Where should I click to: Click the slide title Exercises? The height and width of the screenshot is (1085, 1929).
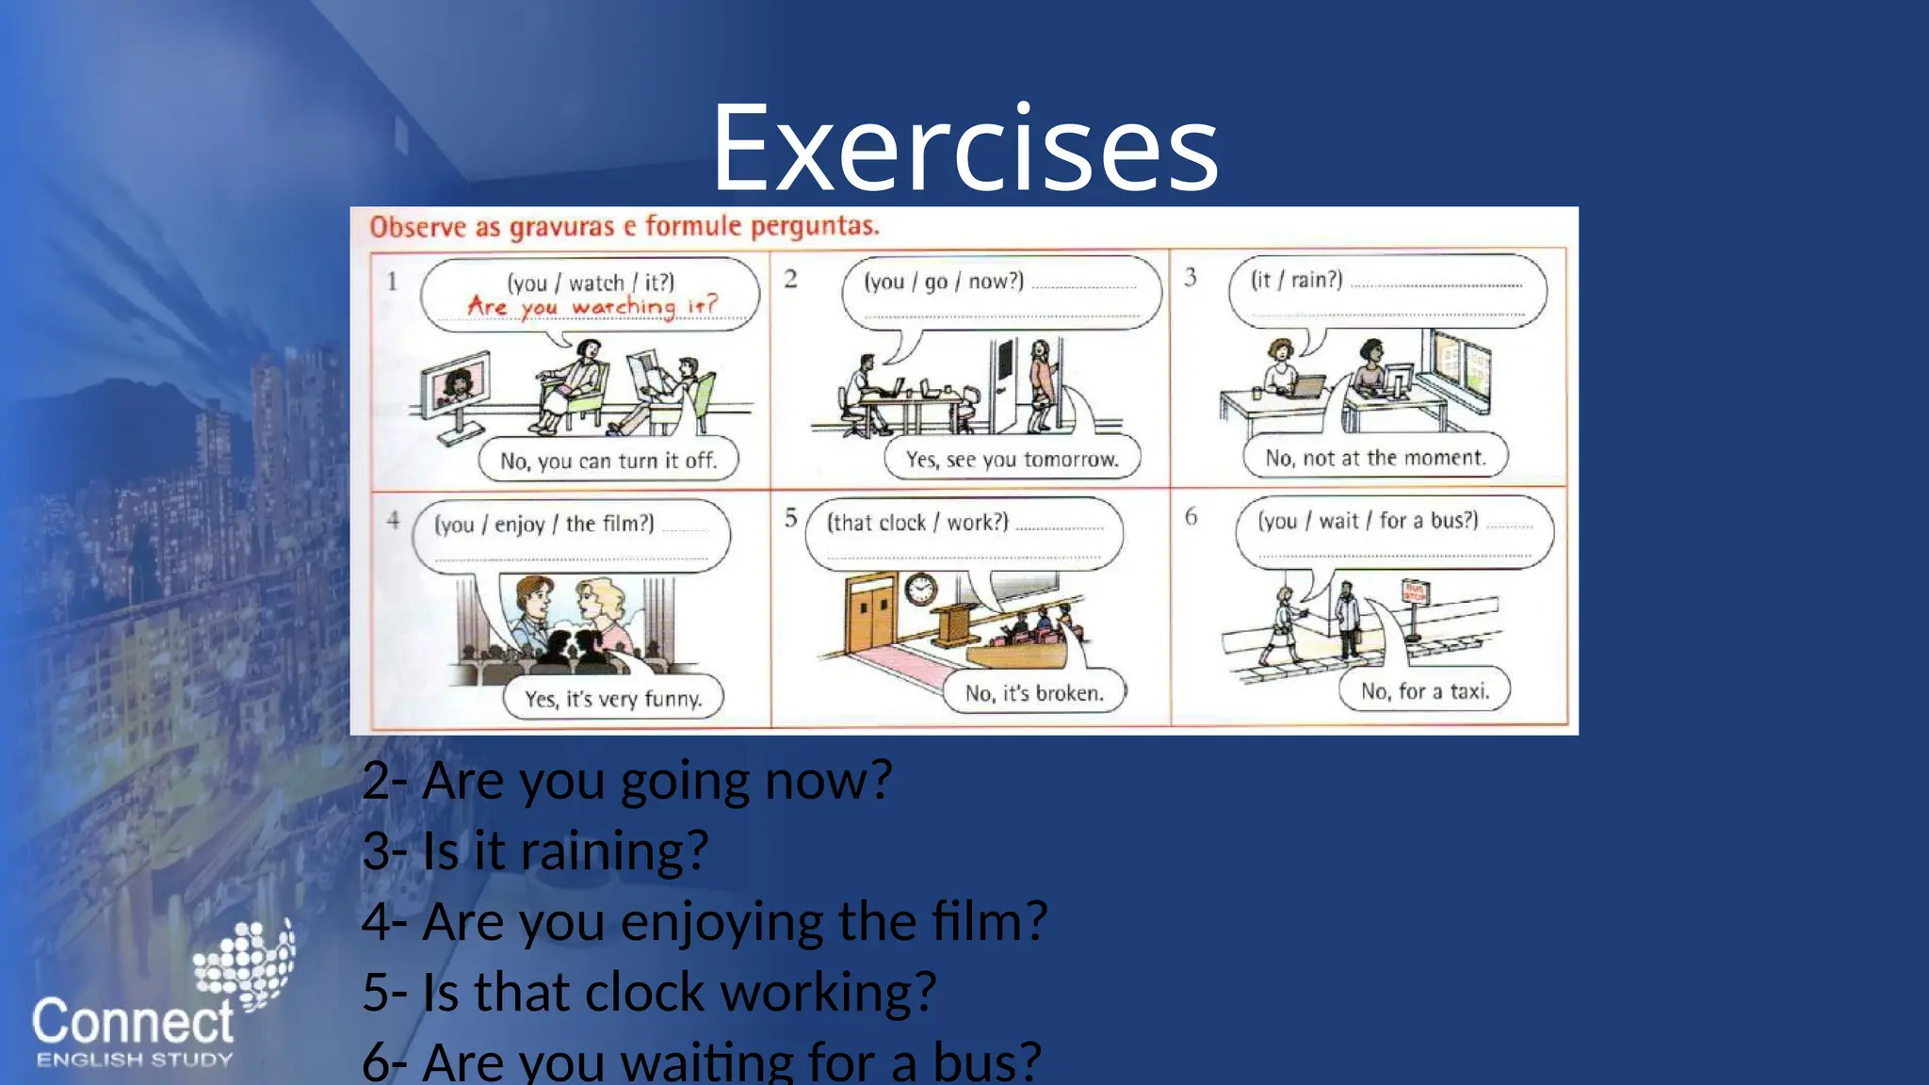click(964, 149)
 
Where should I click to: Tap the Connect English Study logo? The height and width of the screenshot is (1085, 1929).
click(151, 1008)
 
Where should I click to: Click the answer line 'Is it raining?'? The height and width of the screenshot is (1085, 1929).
click(535, 851)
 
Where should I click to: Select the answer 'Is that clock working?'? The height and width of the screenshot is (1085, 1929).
click(650, 993)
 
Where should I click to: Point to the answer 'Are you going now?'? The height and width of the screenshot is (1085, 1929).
click(627, 782)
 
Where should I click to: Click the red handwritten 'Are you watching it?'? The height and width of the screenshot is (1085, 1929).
click(592, 307)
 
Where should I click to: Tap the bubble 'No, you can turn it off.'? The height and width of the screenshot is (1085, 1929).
click(608, 461)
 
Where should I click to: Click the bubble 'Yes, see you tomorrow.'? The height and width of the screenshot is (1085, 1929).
click(1013, 460)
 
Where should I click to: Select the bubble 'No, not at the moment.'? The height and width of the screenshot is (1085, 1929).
click(1375, 458)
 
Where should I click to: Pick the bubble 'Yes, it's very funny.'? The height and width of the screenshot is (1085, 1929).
click(613, 699)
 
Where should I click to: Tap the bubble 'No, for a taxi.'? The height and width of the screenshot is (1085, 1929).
click(1424, 691)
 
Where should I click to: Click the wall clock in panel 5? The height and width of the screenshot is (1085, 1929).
click(920, 590)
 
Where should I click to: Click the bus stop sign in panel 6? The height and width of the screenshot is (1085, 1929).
click(1416, 593)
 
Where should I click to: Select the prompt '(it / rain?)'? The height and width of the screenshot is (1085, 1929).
click(1296, 280)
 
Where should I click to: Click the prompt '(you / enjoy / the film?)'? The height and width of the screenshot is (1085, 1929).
click(543, 524)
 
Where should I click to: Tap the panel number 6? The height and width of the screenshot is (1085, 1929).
click(1191, 516)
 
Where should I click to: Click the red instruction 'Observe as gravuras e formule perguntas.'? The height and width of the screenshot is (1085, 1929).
click(624, 227)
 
